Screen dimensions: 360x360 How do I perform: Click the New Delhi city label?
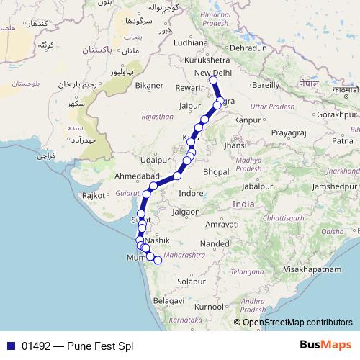tap(214, 73)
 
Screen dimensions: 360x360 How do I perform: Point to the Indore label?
tap(191, 194)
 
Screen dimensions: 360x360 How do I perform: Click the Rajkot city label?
tap(94, 195)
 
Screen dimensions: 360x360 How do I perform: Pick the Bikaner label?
tap(149, 85)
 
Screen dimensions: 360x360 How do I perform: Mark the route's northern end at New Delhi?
tap(214, 81)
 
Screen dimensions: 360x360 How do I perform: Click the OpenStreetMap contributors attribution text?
tap(298, 323)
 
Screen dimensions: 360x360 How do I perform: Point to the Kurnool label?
tap(209, 306)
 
